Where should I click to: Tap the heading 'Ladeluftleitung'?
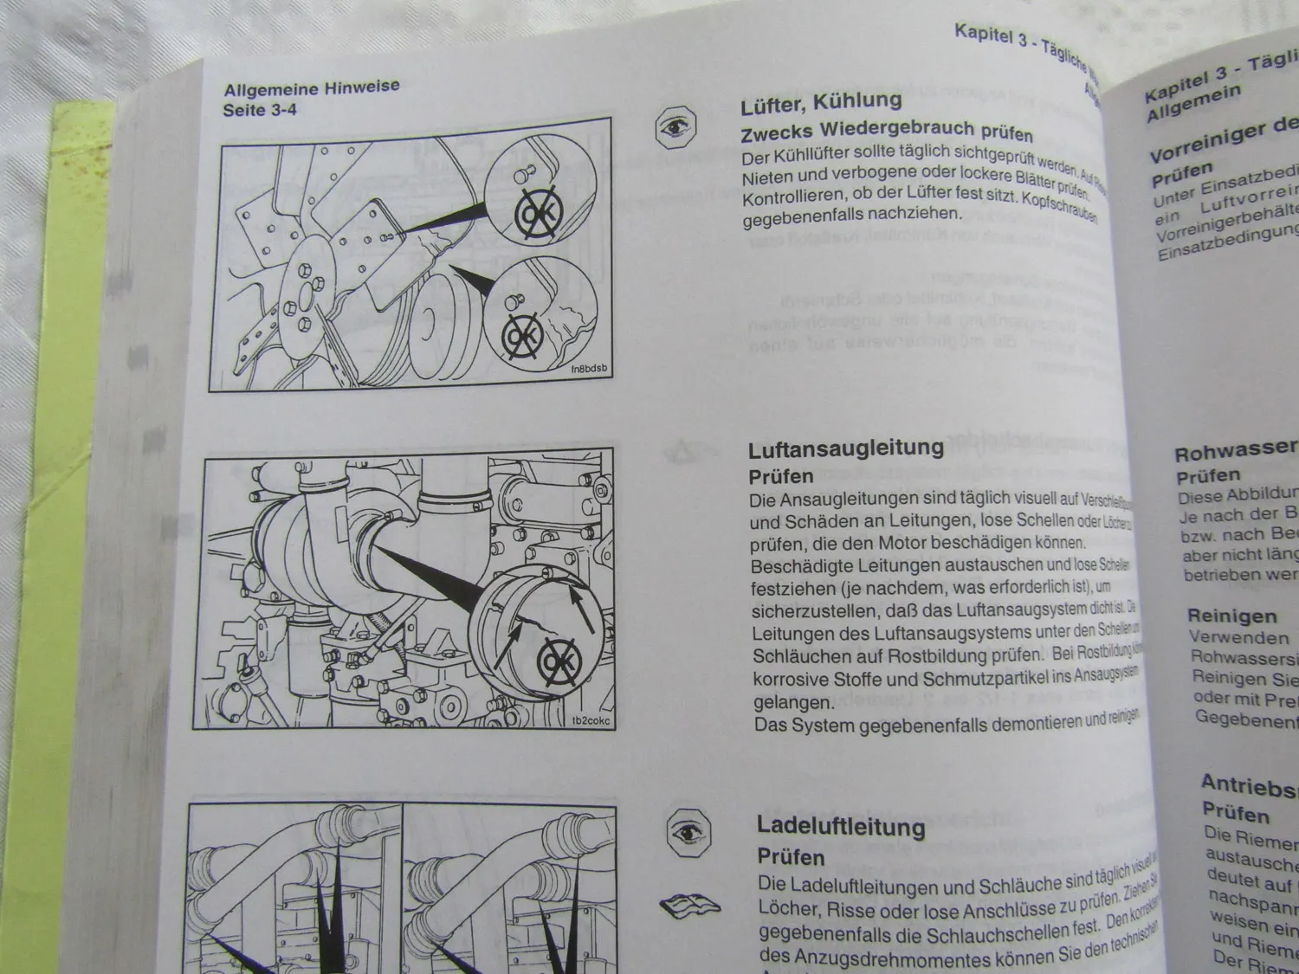coord(840,826)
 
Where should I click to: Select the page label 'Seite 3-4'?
coord(260,110)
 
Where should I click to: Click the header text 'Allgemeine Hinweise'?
coord(311,88)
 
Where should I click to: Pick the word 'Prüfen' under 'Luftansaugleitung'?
coord(780,476)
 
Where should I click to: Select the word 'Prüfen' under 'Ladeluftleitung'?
coord(791,856)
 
